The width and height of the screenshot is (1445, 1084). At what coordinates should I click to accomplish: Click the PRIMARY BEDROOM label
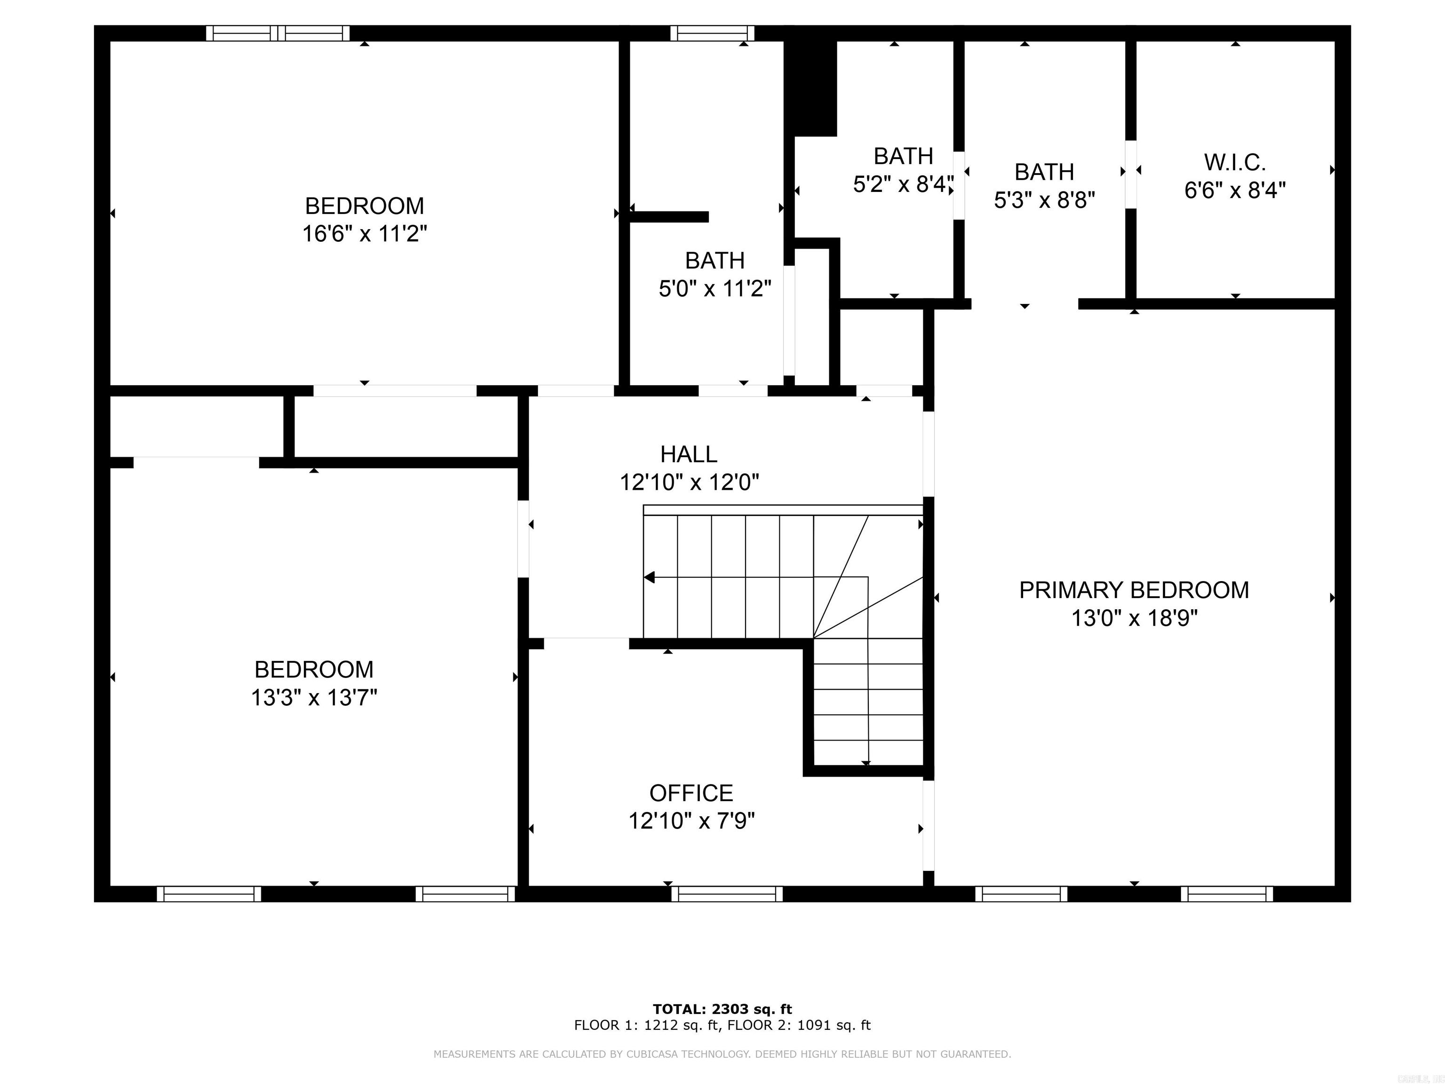pos(1134,590)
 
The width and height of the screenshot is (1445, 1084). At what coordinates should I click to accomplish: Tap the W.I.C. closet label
pos(1235,161)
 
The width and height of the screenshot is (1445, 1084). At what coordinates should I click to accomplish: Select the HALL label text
pos(689,454)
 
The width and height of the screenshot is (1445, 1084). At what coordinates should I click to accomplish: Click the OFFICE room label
pos(691,793)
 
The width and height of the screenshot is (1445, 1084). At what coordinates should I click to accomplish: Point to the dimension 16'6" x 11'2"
pos(365,234)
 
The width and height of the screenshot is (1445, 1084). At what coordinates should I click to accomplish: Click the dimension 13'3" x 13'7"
pos(314,698)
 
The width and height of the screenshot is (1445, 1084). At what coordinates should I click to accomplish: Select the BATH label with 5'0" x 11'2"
pos(715,261)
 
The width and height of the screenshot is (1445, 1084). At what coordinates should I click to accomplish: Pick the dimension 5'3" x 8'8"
pos(1044,200)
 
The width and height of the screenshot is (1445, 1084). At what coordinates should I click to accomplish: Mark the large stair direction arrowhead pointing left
pos(649,578)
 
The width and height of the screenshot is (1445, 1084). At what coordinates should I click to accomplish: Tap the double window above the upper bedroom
pos(278,33)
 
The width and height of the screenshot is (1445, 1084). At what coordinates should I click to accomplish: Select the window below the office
pos(727,894)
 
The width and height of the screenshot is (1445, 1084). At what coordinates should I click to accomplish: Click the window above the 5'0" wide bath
pos(712,33)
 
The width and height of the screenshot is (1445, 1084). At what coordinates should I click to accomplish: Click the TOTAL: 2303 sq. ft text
pos(722,1010)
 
